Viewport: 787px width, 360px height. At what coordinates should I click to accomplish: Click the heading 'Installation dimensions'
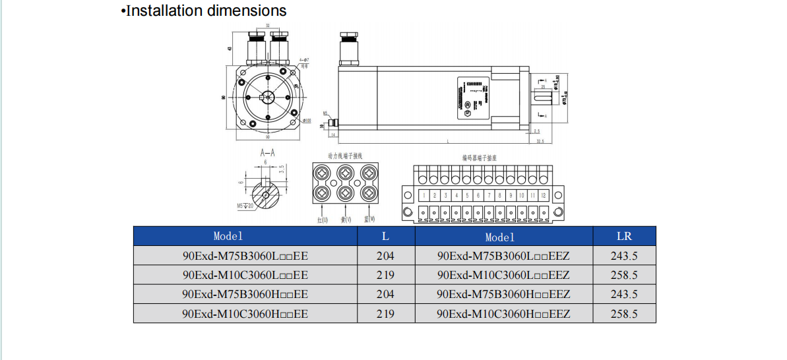pos(205,11)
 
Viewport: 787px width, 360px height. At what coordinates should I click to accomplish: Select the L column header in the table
pos(386,235)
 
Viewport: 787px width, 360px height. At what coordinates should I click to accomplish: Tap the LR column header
pos(624,235)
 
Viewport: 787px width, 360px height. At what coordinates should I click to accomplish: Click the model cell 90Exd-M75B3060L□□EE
pos(245,256)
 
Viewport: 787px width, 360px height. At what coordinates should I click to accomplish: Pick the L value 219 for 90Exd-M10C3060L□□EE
pos(386,275)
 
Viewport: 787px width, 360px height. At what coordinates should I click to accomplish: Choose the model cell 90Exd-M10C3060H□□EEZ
pos(503,314)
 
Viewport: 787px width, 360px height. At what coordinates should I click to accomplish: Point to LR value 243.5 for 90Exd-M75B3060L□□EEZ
pos(624,256)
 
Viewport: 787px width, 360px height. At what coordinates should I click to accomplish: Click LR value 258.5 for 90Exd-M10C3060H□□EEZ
pos(624,314)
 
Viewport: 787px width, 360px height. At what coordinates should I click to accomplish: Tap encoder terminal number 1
pos(424,196)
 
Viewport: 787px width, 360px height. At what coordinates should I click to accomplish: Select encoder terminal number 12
pos(543,196)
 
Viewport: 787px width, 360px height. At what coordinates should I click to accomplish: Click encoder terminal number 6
pos(478,196)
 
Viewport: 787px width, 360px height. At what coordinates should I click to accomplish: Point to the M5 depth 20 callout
pos(245,206)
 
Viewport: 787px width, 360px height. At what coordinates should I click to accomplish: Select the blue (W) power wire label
pos(370,219)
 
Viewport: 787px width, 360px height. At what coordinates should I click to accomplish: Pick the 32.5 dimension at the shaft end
pos(540,141)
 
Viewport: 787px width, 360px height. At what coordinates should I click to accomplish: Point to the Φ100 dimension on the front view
pos(307,121)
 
